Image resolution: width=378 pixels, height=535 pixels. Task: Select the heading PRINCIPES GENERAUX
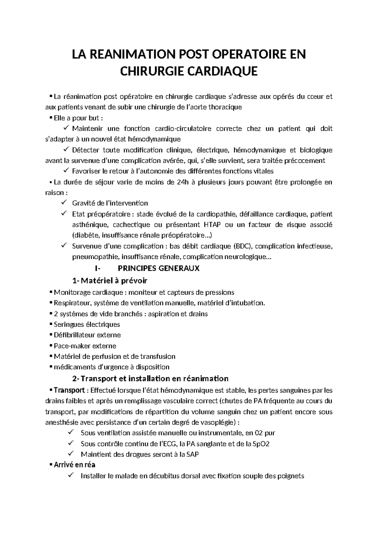[158, 268]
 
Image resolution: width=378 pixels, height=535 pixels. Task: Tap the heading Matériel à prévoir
[113, 280]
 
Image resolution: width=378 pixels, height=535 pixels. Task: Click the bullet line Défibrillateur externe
[87, 335]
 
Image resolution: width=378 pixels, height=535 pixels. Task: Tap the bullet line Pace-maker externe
[85, 346]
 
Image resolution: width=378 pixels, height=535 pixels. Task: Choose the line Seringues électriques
[87, 324]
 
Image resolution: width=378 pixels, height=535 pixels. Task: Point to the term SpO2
[261, 444]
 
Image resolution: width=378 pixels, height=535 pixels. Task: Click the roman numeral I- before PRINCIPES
[97, 268]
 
